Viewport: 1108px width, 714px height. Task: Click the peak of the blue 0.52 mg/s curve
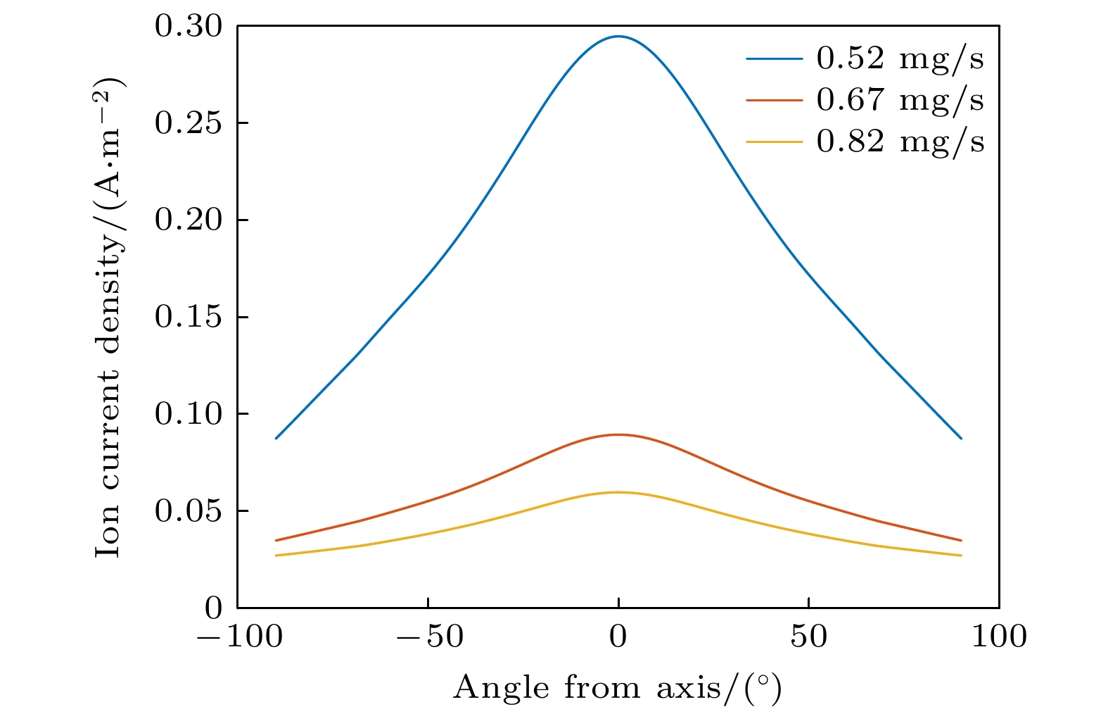coord(618,37)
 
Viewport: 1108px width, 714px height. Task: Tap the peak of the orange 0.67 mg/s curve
coord(618,434)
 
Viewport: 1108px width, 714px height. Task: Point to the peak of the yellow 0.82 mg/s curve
coord(618,492)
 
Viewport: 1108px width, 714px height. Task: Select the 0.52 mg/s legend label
coord(900,58)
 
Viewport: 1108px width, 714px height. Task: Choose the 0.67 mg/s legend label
coord(900,100)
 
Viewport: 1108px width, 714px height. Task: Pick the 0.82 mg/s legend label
coord(900,142)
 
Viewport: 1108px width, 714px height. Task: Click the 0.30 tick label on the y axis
coord(188,27)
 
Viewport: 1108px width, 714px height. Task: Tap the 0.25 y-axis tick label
coord(188,123)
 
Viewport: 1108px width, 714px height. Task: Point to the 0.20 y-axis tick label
coord(188,220)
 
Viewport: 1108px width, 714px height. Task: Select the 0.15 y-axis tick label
coord(188,317)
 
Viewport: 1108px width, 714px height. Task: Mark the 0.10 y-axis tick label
coord(188,414)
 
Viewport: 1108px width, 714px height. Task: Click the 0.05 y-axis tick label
coord(188,511)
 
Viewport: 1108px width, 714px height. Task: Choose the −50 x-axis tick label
coord(428,637)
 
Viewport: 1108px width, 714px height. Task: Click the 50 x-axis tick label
coord(808,637)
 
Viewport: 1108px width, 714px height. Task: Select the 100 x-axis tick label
coord(999,637)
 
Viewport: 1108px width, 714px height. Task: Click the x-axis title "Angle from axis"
coord(617,687)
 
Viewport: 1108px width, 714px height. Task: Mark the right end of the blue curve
coord(961,438)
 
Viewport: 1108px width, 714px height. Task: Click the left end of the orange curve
coord(276,540)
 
